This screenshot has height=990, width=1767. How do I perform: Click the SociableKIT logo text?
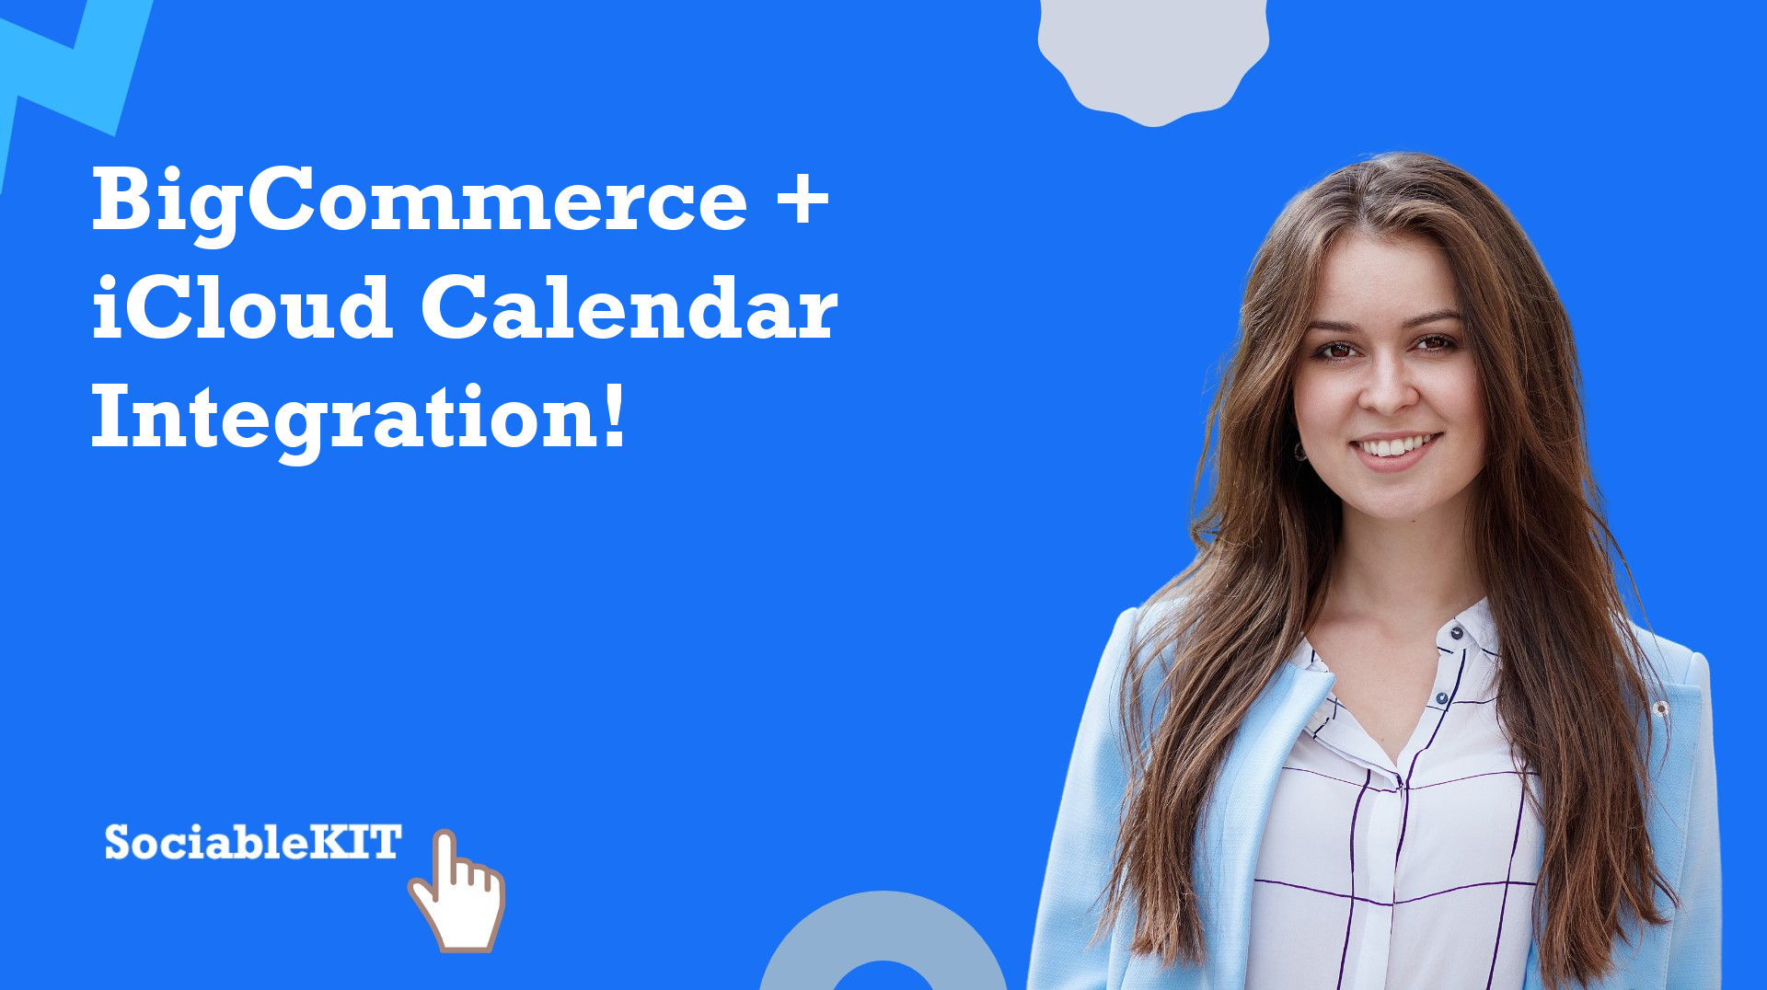(x=253, y=842)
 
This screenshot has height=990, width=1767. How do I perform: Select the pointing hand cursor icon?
(x=457, y=891)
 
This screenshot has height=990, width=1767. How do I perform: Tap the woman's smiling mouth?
(x=1395, y=447)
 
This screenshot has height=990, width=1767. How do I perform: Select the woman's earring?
(x=1300, y=451)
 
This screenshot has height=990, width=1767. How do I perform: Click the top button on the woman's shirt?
(x=1456, y=633)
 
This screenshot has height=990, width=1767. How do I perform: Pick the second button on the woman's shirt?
(x=1441, y=700)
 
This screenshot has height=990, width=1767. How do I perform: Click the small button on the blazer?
(x=1661, y=708)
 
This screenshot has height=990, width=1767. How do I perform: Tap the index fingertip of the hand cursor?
(x=445, y=837)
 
